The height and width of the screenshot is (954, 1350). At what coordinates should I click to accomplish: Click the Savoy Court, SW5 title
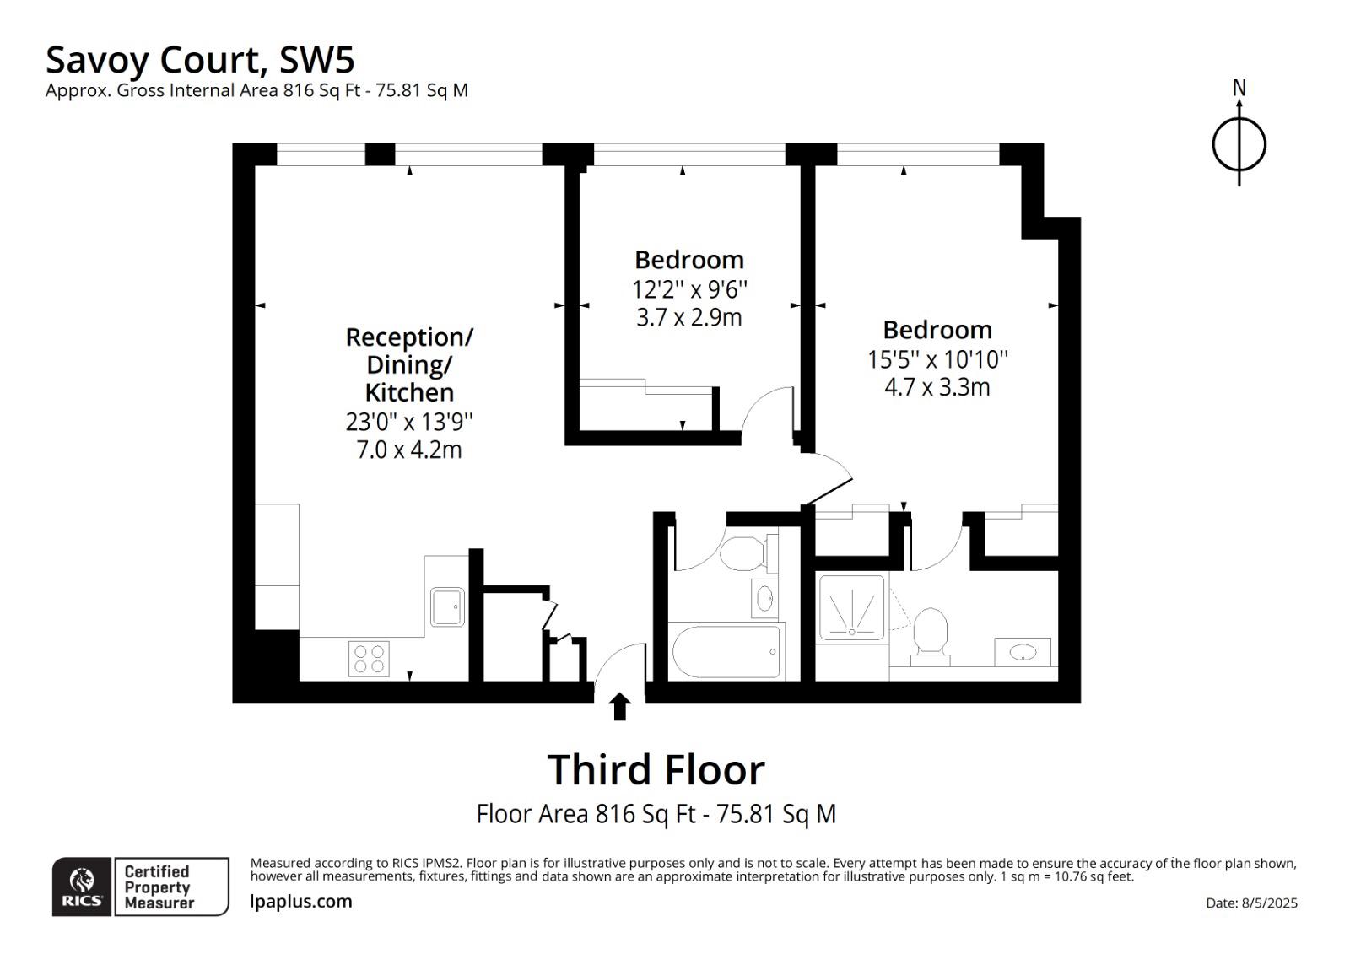coord(200,60)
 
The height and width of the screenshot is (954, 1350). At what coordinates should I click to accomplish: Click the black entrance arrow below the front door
coord(619,706)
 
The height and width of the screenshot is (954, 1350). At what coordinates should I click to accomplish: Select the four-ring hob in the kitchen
coord(369,659)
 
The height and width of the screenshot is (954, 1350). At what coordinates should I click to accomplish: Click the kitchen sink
coord(447,606)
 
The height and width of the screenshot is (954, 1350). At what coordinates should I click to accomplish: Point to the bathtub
coord(726,651)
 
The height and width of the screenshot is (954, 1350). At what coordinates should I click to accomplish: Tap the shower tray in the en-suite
coord(851,606)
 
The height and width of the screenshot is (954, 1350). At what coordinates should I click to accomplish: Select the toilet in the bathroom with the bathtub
coord(748,553)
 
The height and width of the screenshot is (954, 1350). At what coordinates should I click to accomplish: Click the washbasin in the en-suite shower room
coord(1022,652)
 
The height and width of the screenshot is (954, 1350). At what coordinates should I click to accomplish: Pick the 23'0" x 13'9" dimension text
coord(409,422)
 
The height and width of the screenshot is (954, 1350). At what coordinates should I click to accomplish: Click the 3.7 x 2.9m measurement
coord(688,318)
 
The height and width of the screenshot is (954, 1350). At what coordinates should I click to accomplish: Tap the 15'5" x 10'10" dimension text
coord(937,360)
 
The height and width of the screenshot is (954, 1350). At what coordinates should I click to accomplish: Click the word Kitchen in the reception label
coord(409,392)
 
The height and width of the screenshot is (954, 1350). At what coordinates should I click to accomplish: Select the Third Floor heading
coord(656,769)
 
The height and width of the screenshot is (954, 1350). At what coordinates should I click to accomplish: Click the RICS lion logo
coord(81,887)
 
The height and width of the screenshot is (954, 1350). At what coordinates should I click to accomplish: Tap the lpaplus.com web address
coord(300,902)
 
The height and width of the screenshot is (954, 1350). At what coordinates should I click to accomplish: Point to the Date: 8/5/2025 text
coord(1251,903)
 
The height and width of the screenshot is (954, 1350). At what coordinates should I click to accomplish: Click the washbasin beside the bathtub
coord(764,598)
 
